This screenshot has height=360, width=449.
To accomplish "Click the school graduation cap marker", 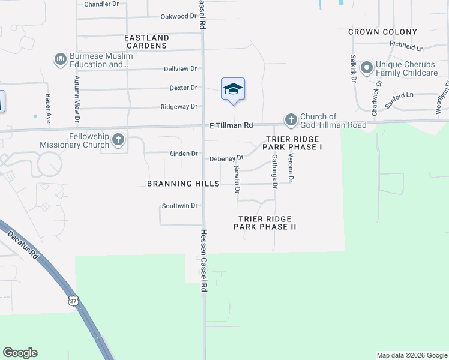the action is point(233,90).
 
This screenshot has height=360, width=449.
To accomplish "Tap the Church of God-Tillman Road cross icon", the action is point(291,120).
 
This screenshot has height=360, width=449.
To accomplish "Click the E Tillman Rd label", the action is point(231,125).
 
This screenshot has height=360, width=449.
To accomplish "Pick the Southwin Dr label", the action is point(179,206).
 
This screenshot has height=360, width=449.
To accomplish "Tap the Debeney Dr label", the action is point(226,159).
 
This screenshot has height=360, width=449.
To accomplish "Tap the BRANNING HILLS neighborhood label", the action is point(183,184).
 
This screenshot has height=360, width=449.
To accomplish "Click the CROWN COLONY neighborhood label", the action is point(382,32).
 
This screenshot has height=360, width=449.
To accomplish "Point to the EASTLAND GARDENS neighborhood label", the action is point(146,41).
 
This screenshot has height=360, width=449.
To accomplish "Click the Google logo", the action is point(20,353).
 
